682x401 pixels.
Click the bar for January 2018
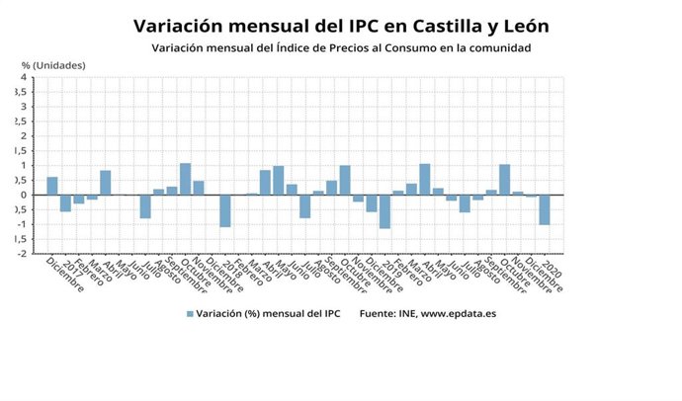225,210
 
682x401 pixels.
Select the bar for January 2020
545,209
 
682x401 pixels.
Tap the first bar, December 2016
52,186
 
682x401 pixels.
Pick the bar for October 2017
185,179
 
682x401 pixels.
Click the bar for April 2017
106,183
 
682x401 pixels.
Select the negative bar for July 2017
145,205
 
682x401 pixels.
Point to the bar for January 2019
384,211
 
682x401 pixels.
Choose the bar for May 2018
279,180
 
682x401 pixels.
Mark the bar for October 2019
505,179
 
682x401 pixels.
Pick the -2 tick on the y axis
21,254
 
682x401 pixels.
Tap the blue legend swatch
190,314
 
